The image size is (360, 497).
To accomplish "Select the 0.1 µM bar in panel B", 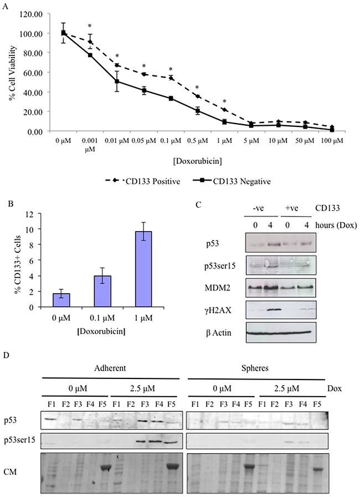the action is (102, 291).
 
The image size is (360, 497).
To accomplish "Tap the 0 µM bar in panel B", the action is (61, 300).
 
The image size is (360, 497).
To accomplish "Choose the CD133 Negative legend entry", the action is (232, 181).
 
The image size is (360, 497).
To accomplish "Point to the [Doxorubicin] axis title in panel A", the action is (197, 161).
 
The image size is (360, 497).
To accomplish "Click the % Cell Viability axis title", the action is (12, 73).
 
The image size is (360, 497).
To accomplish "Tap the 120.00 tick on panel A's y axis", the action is (31, 14).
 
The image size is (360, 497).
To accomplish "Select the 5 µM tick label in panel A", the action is (251, 140).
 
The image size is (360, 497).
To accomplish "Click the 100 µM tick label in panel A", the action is (332, 140).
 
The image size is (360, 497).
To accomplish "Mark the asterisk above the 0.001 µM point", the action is (90, 26).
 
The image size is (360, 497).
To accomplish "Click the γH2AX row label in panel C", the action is (218, 310).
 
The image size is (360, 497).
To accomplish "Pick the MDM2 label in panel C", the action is (216, 288).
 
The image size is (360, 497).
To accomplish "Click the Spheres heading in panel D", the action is (255, 368).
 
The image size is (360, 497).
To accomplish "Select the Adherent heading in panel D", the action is (110, 368).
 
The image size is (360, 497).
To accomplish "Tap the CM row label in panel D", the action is (10, 472).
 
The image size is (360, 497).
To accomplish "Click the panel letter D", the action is (6, 355).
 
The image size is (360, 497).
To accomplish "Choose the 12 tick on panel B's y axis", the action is (30, 213).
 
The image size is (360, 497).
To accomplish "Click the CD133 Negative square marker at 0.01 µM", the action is (117, 81).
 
